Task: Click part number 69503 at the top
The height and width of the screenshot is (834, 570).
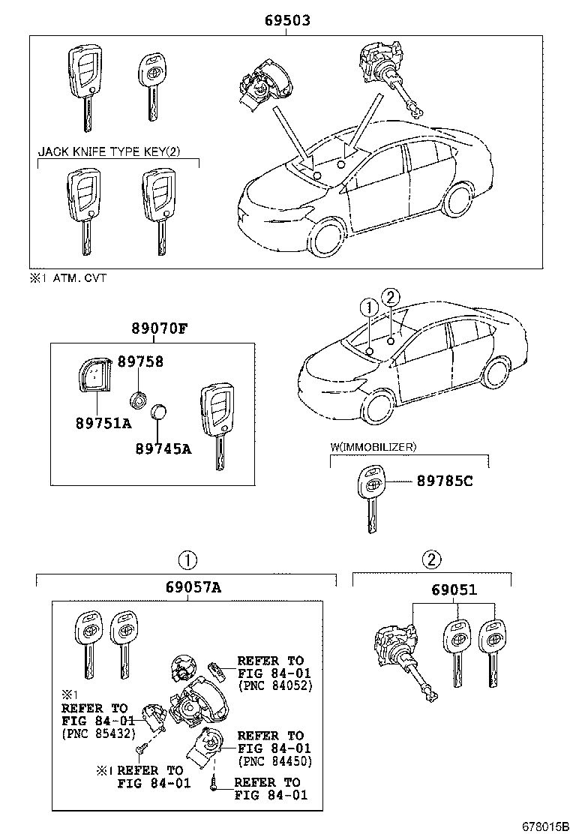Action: [x=286, y=21]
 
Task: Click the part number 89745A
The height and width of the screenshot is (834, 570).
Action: [x=163, y=448]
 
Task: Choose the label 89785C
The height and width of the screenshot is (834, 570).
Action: [x=445, y=481]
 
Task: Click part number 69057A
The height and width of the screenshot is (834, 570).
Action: [x=192, y=587]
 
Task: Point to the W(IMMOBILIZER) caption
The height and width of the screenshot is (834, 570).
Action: [x=373, y=448]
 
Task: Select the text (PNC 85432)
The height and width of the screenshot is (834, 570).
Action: [x=94, y=733]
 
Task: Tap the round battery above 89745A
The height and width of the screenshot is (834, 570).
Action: [x=159, y=412]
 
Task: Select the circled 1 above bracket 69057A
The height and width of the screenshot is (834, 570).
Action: [x=187, y=559]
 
